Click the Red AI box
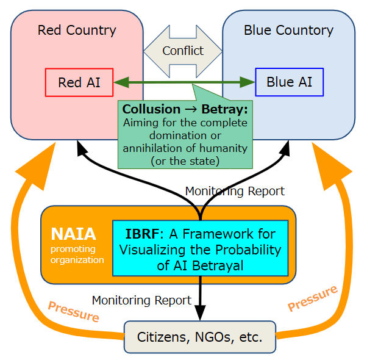pyautogui.click(x=79, y=82)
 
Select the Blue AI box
pyautogui.click(x=289, y=82)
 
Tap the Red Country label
pyautogui.click(x=77, y=30)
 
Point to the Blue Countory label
pyautogui.click(x=288, y=30)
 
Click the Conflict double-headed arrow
pyautogui.click(x=183, y=51)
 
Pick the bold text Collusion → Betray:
pyautogui.click(x=185, y=109)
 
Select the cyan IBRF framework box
pyautogui.click(x=200, y=249)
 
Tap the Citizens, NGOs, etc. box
pyautogui.click(x=199, y=336)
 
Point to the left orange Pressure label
pyautogui.click(x=73, y=312)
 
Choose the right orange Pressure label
pyautogui.click(x=312, y=298)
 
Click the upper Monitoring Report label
pyautogui.click(x=235, y=191)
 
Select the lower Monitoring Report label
pyautogui.click(x=141, y=300)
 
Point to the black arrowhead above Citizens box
pyautogui.click(x=201, y=314)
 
